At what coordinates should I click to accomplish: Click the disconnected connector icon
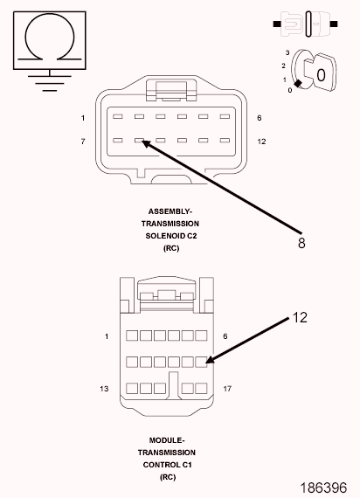click(305, 24)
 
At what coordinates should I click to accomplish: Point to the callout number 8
click(301, 243)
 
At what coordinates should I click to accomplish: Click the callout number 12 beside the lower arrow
click(300, 318)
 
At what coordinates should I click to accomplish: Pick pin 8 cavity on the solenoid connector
click(139, 140)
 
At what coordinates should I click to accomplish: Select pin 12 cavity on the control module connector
click(201, 362)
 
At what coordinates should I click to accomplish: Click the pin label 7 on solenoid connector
click(83, 142)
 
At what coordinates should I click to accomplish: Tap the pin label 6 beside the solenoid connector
click(260, 118)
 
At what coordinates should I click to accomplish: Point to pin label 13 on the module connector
click(104, 389)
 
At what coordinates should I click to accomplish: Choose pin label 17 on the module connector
click(227, 389)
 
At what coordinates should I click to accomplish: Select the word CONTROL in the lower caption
click(157, 465)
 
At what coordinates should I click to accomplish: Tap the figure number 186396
click(323, 488)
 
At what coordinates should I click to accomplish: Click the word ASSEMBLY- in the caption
click(170, 211)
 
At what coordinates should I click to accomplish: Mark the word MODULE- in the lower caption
click(167, 440)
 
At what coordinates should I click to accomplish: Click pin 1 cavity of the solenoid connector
click(118, 116)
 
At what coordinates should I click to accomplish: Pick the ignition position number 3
click(287, 52)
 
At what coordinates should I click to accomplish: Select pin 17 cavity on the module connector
click(201, 389)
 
